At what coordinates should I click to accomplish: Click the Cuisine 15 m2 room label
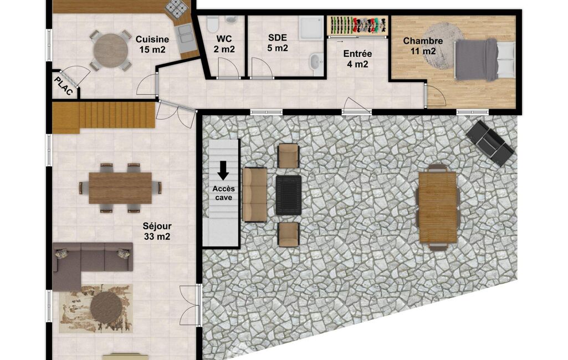pyautogui.click(x=152, y=44)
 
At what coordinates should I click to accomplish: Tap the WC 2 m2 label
pyautogui.click(x=224, y=44)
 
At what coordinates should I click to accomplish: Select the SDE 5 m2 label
pyautogui.click(x=278, y=43)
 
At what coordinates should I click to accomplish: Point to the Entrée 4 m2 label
pyautogui.click(x=357, y=59)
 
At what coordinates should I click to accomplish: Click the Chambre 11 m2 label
pyautogui.click(x=423, y=46)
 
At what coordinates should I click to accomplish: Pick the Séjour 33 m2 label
pyautogui.click(x=157, y=231)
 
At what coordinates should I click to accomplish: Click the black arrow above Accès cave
pyautogui.click(x=223, y=170)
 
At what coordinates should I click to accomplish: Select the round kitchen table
pyautogui.click(x=111, y=51)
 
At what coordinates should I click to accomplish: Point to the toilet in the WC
pyautogui.click(x=212, y=24)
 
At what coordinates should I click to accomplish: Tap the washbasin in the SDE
pyautogui.click(x=316, y=63)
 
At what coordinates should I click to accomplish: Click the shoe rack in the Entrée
pyautogui.click(x=357, y=25)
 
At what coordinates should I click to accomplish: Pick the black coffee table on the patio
pyautogui.click(x=289, y=195)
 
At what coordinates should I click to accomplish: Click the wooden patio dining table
pyautogui.click(x=438, y=207)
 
